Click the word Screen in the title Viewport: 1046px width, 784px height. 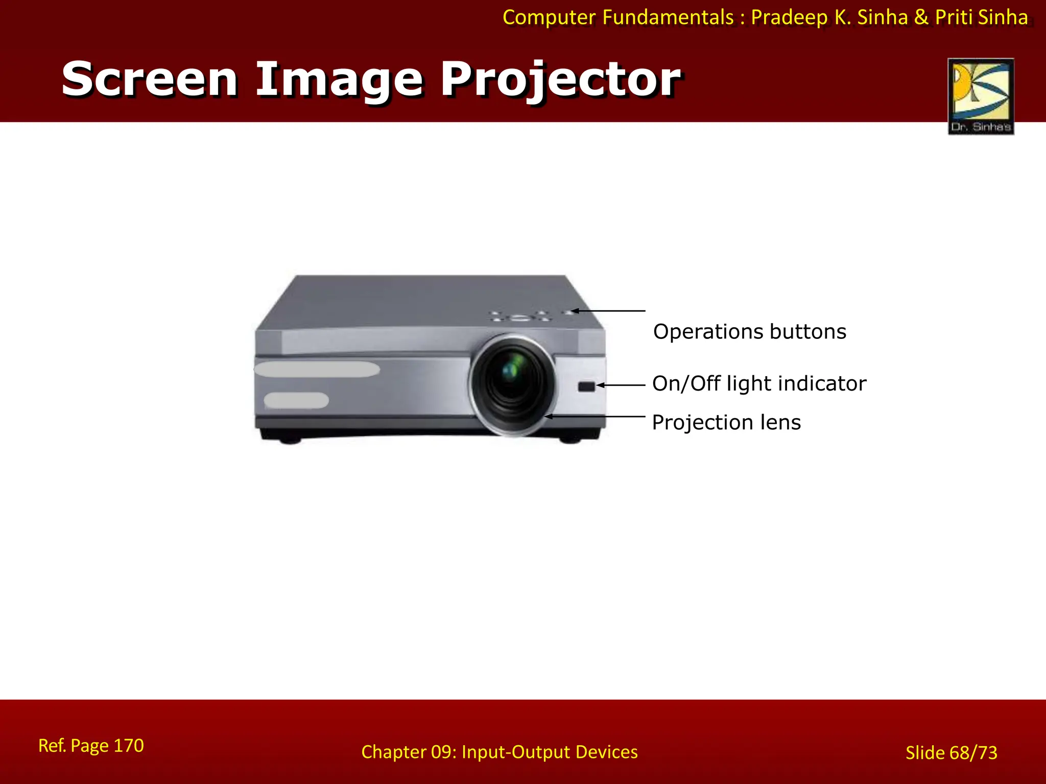150,79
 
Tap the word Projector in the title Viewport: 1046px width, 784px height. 560,80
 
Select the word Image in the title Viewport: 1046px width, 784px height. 339,80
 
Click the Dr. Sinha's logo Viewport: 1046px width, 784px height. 981,96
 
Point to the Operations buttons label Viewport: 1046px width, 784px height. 749,332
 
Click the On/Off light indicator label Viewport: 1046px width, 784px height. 759,383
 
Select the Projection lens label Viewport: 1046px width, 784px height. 726,423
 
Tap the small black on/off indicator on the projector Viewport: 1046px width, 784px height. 586,386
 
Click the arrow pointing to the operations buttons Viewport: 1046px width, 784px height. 608,310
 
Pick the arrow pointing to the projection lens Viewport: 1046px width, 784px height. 596,416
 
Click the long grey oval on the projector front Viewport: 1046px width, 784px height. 317,370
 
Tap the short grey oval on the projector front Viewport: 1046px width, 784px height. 296,401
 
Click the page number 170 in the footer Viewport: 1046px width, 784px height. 128,746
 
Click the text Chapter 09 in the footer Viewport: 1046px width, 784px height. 408,752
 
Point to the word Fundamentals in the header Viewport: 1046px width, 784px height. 668,17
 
